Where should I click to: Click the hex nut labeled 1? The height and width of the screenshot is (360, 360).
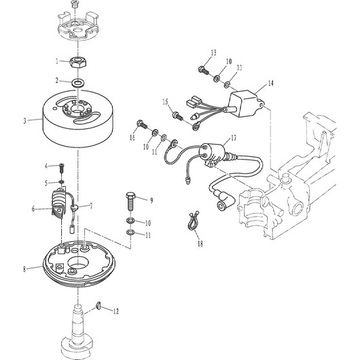pos(78,62)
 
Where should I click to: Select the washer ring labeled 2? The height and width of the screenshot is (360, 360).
pos(78,82)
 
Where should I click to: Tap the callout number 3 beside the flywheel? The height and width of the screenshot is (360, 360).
pos(25,121)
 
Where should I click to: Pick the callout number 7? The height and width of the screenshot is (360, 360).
pos(91,206)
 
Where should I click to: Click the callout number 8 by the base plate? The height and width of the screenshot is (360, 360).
pos(24,269)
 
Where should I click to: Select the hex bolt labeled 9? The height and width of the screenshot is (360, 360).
pos(130,201)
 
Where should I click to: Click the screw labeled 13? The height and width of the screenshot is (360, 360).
pos(203,70)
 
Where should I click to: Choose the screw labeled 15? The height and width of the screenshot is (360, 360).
pos(178,115)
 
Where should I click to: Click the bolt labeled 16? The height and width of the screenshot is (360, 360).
pos(143,124)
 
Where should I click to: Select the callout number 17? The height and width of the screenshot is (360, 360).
pos(233,138)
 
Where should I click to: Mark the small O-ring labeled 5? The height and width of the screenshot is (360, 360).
pos(61,182)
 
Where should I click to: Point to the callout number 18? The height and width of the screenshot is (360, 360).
pos(200,244)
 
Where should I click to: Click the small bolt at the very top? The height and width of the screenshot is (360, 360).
pos(74,4)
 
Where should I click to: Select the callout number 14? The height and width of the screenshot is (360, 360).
pos(271,83)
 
